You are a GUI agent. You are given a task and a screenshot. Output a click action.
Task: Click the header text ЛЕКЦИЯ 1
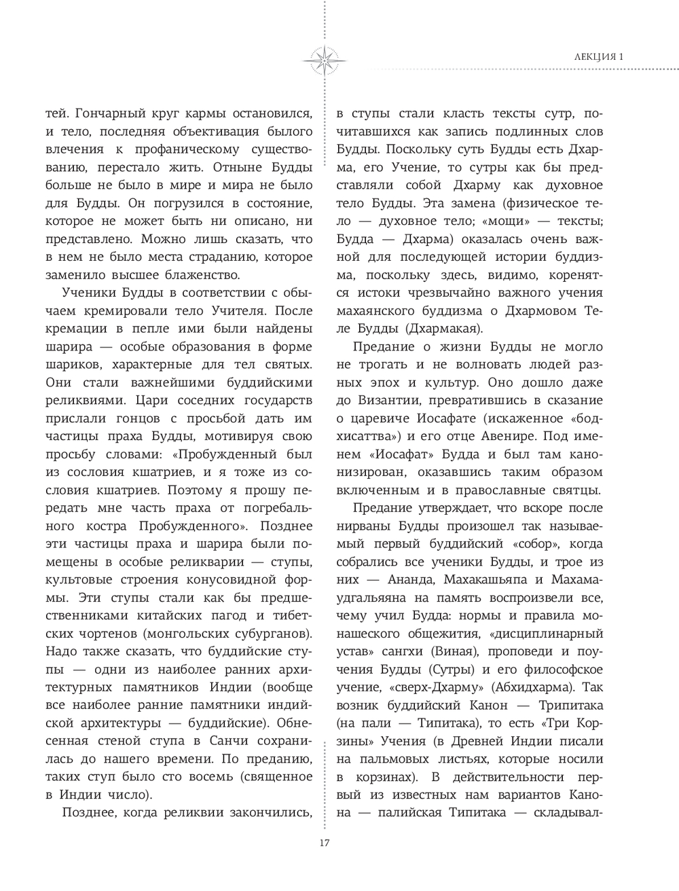click(595, 57)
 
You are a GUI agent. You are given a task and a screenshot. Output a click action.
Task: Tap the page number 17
click(324, 843)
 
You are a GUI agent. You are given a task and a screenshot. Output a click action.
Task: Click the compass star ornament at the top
click(324, 58)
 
